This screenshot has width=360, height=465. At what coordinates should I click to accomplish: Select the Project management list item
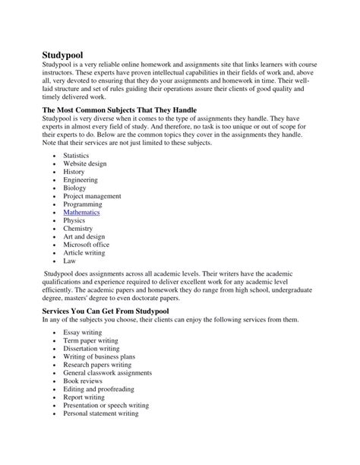pos(92,196)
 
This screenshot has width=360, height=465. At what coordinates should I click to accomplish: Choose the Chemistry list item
pos(78,228)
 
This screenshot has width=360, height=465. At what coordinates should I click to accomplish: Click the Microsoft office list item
pos(87,245)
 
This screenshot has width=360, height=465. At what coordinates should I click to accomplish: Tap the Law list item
pos(70,261)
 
